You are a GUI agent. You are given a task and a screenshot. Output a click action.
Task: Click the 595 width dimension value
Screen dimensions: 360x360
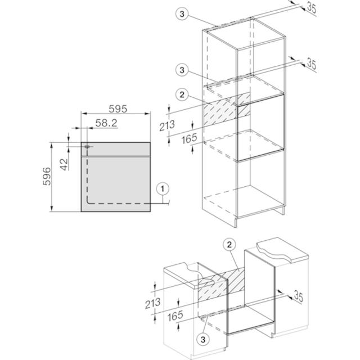click(x=118, y=109)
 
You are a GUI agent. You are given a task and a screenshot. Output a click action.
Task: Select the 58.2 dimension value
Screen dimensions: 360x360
click(x=106, y=123)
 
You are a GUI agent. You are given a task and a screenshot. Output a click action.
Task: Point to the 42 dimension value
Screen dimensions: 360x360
click(x=64, y=164)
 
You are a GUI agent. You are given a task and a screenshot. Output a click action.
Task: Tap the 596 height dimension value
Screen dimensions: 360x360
click(x=47, y=176)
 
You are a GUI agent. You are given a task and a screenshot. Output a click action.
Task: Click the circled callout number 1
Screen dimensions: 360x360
click(x=163, y=189)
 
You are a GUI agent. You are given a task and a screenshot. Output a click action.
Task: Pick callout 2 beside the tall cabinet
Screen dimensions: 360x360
click(x=182, y=94)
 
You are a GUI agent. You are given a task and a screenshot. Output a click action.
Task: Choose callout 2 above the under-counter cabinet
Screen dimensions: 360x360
click(x=229, y=245)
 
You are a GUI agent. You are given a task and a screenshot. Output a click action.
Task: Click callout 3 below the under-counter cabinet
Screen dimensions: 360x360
click(x=203, y=339)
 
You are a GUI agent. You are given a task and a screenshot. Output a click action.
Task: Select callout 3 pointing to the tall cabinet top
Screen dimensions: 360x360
click(x=182, y=13)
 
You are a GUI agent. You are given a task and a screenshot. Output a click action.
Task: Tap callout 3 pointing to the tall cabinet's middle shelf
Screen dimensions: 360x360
click(x=182, y=70)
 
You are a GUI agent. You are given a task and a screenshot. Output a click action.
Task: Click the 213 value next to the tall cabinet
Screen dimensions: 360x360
click(x=167, y=125)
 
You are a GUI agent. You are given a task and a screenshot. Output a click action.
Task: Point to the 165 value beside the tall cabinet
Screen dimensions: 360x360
click(x=190, y=138)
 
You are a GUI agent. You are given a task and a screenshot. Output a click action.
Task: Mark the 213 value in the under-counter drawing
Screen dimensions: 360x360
click(x=153, y=303)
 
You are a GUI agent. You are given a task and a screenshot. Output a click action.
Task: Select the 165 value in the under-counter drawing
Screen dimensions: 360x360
click(x=175, y=316)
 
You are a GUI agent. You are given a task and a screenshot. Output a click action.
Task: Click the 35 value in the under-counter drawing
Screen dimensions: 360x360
click(x=299, y=296)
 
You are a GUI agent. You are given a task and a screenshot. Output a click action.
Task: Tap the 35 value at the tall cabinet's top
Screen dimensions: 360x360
click(x=312, y=8)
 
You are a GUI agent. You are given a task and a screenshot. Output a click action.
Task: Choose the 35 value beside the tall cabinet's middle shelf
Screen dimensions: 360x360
click(x=312, y=64)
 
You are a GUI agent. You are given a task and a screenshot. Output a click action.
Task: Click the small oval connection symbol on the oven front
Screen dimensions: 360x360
click(x=87, y=146)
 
